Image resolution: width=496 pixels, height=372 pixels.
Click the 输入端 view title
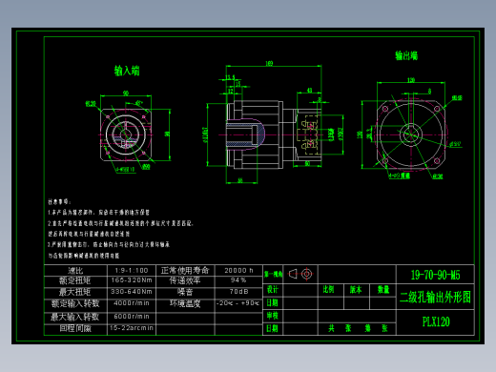pyautogui.click(x=127, y=71)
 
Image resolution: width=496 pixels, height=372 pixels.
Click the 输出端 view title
pyautogui.click(x=407, y=56)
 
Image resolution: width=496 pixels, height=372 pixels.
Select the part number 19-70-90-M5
pyautogui.click(x=434, y=274)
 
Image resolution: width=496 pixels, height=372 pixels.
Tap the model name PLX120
pyautogui.click(x=435, y=322)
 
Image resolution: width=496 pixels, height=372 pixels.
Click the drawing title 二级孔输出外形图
pyautogui.click(x=434, y=297)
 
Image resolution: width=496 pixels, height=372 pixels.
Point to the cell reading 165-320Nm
pyautogui.click(x=131, y=280)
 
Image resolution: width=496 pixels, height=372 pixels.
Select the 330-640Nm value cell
pyautogui.click(x=131, y=292)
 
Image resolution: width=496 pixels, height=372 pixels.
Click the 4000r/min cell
pyautogui.click(x=131, y=303)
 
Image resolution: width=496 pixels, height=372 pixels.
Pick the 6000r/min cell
pyautogui.click(x=131, y=316)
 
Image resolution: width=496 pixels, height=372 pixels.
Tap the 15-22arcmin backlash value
pyautogui.click(x=131, y=327)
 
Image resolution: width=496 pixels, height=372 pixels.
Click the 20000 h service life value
pyautogui.click(x=238, y=270)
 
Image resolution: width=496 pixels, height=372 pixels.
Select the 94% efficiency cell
pyautogui.click(x=238, y=280)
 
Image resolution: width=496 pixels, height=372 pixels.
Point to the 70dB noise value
pyautogui.click(x=238, y=292)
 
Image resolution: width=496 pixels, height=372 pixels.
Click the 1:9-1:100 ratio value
pyautogui.click(x=131, y=270)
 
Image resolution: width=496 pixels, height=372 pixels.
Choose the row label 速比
pyautogui.click(x=75, y=270)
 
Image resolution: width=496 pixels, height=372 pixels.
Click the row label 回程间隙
pyautogui.click(x=75, y=327)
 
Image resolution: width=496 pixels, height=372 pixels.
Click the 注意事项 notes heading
pyautogui.click(x=59, y=202)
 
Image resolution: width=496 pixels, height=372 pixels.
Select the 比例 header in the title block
pyautogui.click(x=328, y=288)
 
